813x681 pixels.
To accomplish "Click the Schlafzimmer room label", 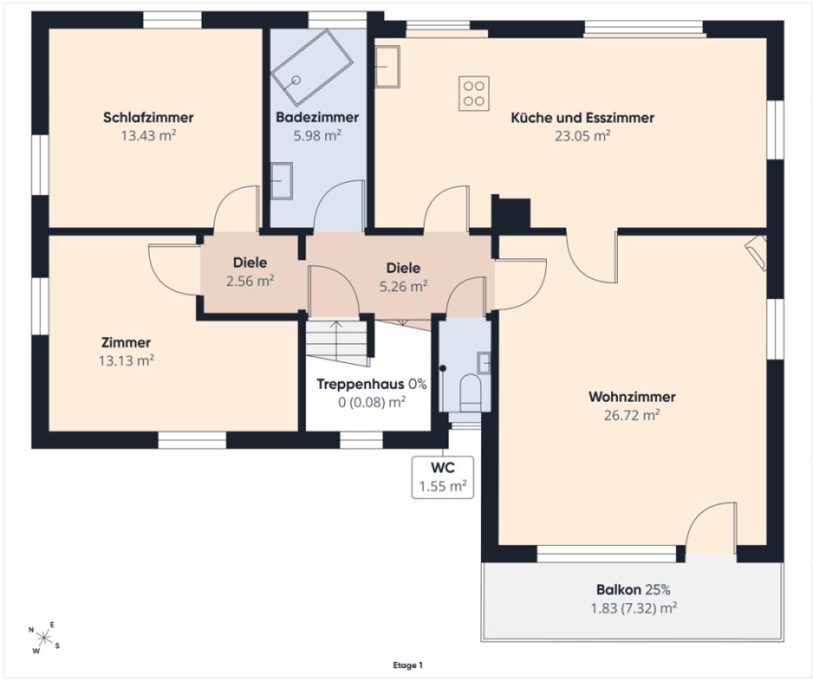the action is tap(148, 117).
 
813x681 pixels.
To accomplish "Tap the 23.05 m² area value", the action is tap(582, 136).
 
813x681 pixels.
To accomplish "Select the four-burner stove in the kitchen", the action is tap(474, 93).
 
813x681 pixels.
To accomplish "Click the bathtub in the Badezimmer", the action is tap(312, 67).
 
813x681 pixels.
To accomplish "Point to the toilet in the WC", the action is tap(471, 391).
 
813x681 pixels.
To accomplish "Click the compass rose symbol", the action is tap(44, 637).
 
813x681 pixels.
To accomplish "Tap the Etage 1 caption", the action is tap(408, 665).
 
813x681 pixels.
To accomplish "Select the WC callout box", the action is tap(442, 477).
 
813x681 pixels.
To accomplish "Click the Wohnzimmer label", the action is tap(632, 396).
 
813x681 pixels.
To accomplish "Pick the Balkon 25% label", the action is tap(633, 589).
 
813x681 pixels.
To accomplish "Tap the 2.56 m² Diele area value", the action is tap(250, 281).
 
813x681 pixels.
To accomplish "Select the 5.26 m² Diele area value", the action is tap(403, 286).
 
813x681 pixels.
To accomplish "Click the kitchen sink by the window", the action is tap(387, 67).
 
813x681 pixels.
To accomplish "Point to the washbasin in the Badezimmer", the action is tap(281, 181).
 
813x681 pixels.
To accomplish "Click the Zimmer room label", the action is tap(126, 342).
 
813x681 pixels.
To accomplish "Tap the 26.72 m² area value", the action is tap(632, 415).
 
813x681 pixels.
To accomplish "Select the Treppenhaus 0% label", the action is tap(371, 384).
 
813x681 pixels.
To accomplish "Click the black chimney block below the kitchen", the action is tap(510, 212).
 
